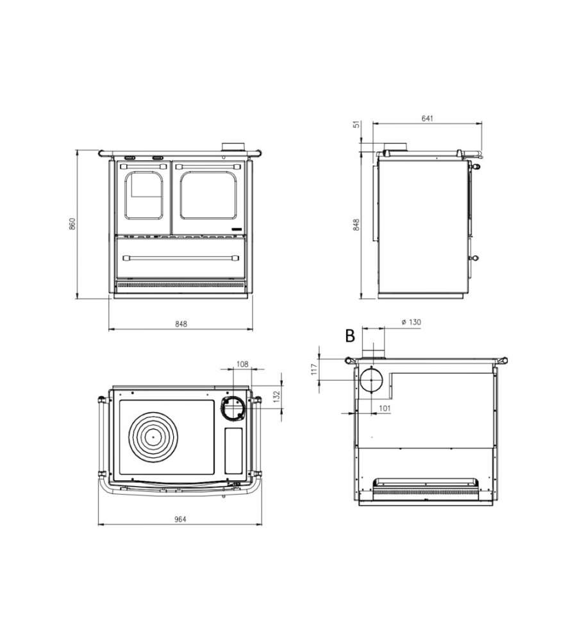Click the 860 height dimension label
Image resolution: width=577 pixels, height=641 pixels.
(x=72, y=224)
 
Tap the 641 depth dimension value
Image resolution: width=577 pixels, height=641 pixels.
(x=427, y=119)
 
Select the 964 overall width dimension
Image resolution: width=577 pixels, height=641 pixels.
(x=180, y=519)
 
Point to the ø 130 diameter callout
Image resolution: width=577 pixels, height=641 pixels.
(x=411, y=322)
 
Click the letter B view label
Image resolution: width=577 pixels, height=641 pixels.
(x=350, y=336)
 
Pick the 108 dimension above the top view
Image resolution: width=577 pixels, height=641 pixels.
(x=242, y=364)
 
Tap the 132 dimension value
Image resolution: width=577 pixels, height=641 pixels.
(x=276, y=397)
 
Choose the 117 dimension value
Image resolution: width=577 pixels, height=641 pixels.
(x=314, y=369)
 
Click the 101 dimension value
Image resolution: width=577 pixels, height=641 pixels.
(x=385, y=408)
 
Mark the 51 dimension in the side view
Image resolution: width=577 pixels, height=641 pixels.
(x=357, y=124)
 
